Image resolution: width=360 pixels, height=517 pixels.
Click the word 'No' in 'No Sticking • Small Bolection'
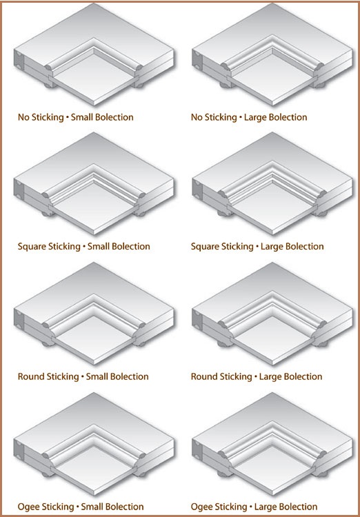point(23,117)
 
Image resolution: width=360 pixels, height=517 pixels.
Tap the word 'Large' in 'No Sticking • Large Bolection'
point(254,118)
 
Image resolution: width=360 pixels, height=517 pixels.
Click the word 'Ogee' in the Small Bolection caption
point(28,507)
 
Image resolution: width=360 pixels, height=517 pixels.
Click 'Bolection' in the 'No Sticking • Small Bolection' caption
point(114,117)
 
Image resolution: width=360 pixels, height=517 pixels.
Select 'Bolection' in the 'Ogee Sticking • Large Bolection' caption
point(298,507)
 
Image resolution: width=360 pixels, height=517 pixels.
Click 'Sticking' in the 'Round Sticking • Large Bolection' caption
point(236,377)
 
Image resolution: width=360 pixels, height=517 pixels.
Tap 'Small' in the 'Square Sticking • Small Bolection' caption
point(99,247)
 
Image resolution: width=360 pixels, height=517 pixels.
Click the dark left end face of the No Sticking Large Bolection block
point(197,59)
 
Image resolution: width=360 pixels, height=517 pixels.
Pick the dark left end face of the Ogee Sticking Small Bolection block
point(19,449)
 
